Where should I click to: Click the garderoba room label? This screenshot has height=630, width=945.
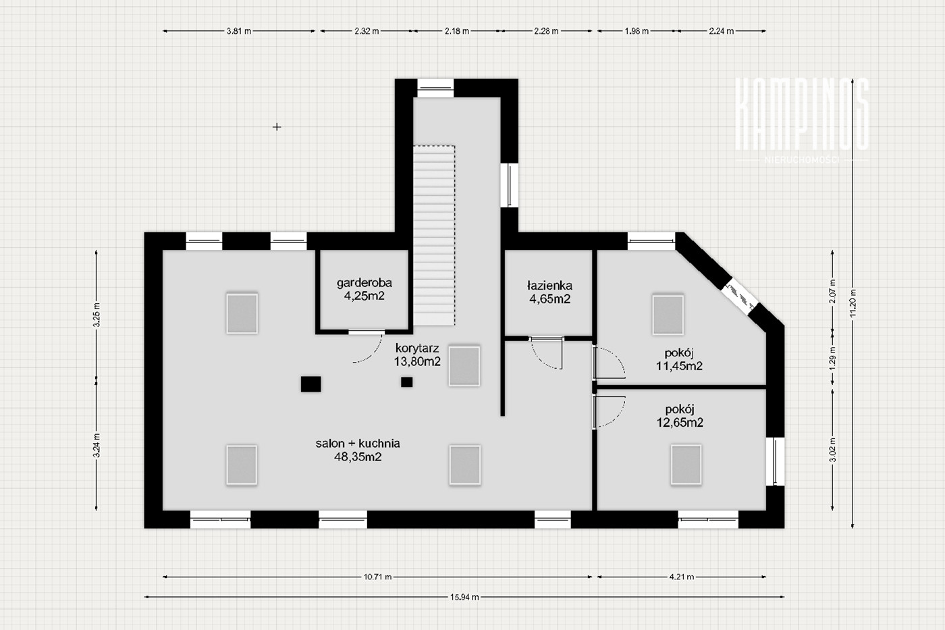[364, 289]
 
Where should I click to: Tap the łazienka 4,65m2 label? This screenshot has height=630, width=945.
[549, 292]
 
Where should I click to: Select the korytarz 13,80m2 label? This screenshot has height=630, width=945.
[417, 355]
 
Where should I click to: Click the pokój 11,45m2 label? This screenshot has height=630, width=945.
[679, 359]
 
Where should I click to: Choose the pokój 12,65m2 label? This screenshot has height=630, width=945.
[680, 416]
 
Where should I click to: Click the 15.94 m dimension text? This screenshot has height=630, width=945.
[464, 597]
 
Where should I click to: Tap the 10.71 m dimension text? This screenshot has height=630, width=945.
[377, 577]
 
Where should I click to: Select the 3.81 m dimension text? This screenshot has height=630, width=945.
[239, 31]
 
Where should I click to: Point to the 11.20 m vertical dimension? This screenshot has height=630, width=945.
[853, 303]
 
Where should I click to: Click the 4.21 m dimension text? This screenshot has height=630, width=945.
[682, 577]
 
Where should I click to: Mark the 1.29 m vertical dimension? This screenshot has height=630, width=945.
[832, 359]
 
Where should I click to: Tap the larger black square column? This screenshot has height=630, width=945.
[311, 384]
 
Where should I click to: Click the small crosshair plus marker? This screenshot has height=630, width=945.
[277, 126]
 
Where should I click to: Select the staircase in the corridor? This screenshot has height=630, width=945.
[433, 235]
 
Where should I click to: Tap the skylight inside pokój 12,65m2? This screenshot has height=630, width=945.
[686, 464]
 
